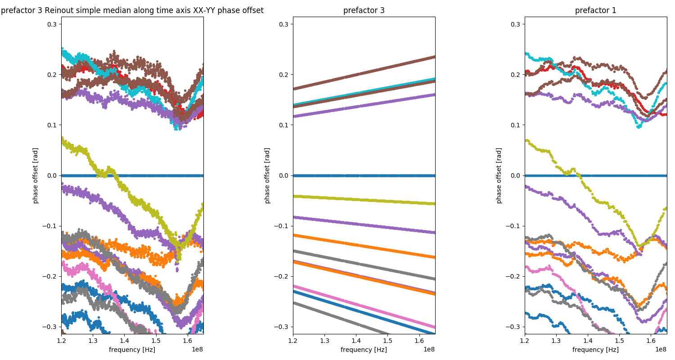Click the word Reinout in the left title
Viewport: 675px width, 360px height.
coord(59,10)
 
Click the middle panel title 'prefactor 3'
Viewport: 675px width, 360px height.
coord(364,10)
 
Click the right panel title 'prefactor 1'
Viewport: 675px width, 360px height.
coord(595,10)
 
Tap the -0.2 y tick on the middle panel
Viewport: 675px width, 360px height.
coord(283,276)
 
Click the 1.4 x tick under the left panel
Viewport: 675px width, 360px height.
coord(124,341)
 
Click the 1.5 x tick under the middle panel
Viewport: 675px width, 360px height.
coord(387,341)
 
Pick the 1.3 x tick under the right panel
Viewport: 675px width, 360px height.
coord(556,341)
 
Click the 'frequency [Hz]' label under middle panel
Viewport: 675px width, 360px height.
coord(364,350)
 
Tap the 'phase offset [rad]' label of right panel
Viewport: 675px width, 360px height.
coord(499,175)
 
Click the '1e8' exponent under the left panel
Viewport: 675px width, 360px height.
coord(197,349)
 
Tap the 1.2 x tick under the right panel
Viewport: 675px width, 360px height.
coord(525,341)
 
